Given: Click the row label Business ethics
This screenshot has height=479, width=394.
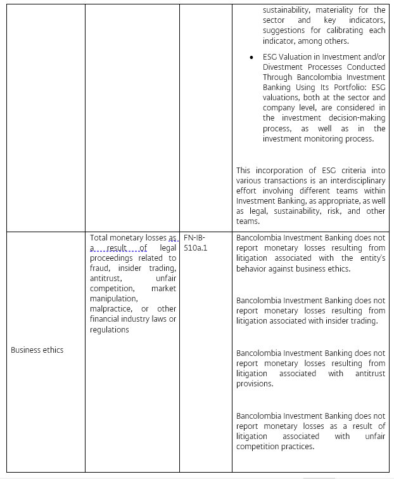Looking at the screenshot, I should (37, 350).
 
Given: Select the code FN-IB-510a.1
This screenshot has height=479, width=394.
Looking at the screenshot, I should (195, 243).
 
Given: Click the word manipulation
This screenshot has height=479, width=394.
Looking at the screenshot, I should (113, 299).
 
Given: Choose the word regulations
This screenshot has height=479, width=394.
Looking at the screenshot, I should (109, 329).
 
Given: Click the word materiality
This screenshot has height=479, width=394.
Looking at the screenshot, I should (338, 10).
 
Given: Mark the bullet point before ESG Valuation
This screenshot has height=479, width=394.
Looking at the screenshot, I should (251, 56).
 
